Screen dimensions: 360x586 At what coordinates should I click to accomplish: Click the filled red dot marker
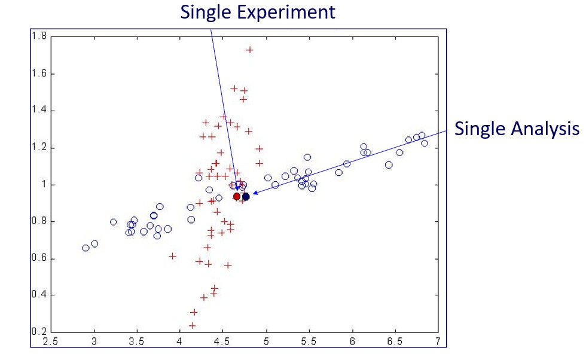237,196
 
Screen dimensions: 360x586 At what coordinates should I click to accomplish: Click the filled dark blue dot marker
246,196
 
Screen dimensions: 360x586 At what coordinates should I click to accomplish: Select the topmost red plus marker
249,50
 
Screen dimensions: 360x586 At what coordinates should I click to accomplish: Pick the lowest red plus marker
192,325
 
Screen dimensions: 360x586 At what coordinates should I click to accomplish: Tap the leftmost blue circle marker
86,248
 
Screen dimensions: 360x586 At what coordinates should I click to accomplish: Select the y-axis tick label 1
43,185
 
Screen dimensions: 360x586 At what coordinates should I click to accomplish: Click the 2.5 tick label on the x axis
51,342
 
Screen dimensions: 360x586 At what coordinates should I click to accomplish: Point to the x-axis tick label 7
438,342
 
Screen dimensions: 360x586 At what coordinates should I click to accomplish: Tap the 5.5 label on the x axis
309,342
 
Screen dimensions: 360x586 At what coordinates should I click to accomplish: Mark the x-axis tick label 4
180,342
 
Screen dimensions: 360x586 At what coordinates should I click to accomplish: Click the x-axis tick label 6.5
395,342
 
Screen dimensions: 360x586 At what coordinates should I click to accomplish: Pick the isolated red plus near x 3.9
172,255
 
